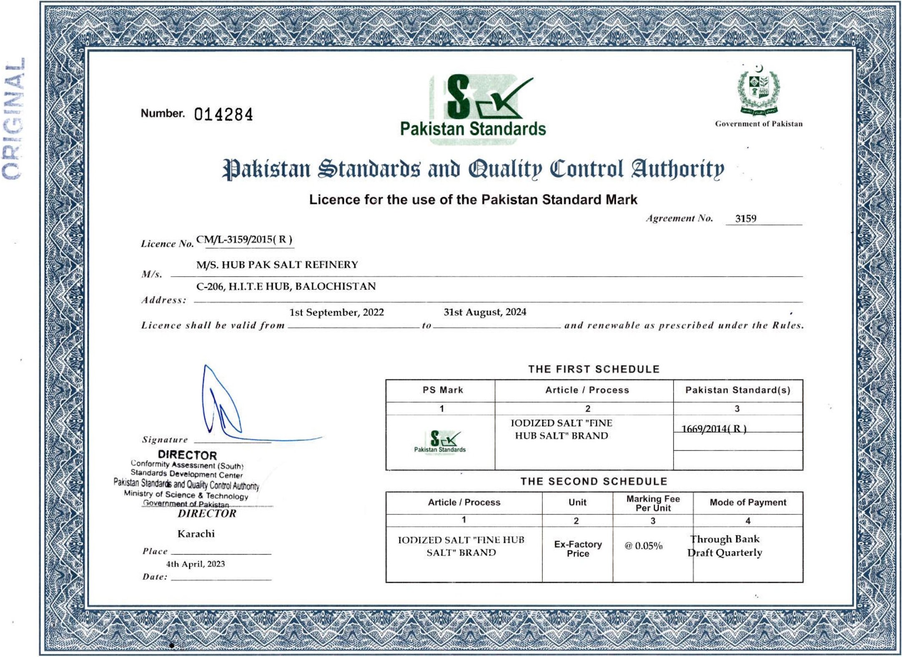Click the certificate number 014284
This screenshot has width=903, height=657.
coord(223,115)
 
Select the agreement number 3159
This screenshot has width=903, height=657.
coord(745,219)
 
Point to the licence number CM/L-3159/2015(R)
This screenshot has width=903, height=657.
coord(244,240)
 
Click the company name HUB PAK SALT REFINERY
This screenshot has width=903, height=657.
coord(277,265)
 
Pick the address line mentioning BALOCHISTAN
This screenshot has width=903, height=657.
coord(286,287)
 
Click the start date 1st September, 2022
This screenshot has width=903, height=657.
coord(336,312)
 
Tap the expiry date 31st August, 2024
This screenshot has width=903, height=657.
coord(485,312)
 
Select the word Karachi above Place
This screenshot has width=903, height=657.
coord(196,534)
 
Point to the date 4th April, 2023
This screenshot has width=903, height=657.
coord(196,564)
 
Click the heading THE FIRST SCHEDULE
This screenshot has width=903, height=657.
coord(594,369)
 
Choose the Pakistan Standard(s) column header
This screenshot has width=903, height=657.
coord(737,390)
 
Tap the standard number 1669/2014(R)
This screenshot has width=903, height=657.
coord(714,429)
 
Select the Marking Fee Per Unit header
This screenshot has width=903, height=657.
coord(653,503)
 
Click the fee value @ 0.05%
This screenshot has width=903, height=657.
coord(643,546)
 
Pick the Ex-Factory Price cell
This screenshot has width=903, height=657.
coord(578,549)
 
